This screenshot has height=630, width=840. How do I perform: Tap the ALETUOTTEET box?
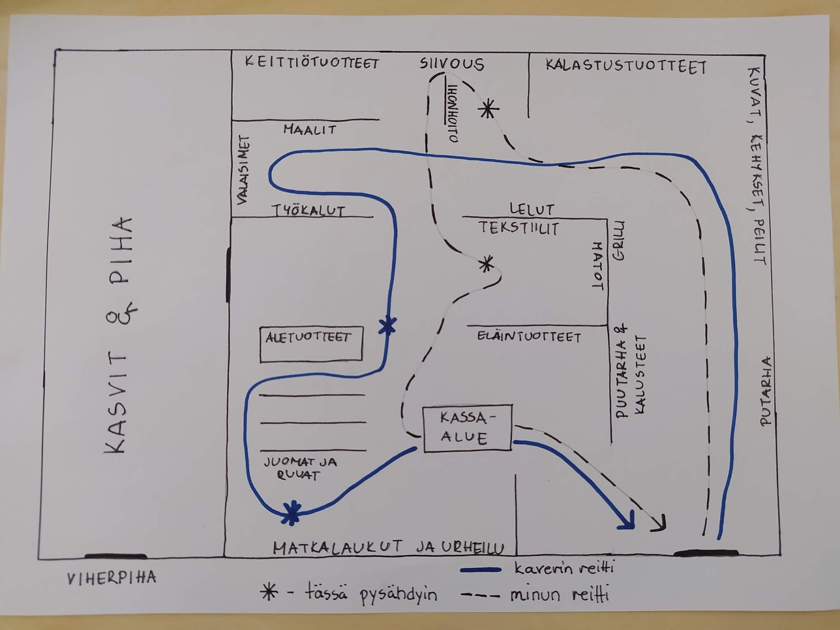311,344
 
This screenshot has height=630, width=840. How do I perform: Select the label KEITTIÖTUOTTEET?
312,63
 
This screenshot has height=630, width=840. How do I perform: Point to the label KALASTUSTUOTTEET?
625,66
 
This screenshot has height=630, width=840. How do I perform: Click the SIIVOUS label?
451,64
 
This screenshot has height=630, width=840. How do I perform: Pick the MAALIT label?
309,129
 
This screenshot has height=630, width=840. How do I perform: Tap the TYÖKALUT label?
308,211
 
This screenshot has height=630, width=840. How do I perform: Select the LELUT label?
531,209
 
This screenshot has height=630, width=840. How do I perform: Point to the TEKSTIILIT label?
519,228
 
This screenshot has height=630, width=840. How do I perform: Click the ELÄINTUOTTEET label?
529,337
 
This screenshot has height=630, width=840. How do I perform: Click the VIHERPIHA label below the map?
111,578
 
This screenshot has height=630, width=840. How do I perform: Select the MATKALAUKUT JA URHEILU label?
388,547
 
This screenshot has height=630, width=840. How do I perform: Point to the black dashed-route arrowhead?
659,523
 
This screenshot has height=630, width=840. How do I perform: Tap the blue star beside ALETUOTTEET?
388,327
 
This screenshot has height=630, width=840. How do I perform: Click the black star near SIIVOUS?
488,109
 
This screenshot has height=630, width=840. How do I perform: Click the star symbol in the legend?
269,594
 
